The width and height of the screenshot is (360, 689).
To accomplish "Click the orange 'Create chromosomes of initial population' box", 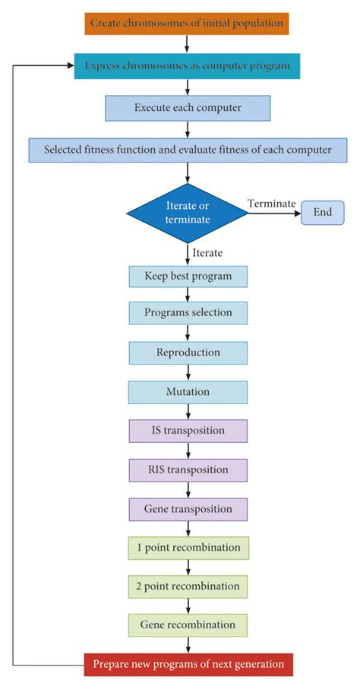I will tap(187, 23).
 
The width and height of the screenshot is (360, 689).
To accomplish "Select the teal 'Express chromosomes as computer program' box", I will tap(187, 65).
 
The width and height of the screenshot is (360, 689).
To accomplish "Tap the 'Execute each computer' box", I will tap(188, 108).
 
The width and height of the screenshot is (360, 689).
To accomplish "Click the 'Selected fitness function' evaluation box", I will tap(188, 150).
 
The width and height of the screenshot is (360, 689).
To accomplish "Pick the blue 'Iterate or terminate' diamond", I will tap(188, 213).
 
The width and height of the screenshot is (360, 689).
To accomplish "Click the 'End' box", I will tap(323, 212).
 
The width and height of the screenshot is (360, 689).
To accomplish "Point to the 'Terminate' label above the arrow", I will tap(270, 203).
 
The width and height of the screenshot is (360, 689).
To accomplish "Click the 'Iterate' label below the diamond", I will tap(208, 252).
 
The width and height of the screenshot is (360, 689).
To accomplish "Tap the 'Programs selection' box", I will tap(188, 313).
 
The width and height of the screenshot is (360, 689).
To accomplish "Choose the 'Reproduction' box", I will tap(188, 352).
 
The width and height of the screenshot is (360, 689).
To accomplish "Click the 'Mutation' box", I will tap(188, 392).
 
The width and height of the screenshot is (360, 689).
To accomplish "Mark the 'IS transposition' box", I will tap(188, 431).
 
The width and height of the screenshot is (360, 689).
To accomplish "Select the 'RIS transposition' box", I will tap(188, 469).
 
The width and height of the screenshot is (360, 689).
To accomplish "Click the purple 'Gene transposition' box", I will tap(188, 508).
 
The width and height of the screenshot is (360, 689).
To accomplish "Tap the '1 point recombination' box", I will tap(188, 548).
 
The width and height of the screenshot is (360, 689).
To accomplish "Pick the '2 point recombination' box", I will tap(188, 586).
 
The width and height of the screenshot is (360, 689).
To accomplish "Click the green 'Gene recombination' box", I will tap(188, 625).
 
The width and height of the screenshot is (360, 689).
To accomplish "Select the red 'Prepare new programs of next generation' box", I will tap(188, 665).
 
